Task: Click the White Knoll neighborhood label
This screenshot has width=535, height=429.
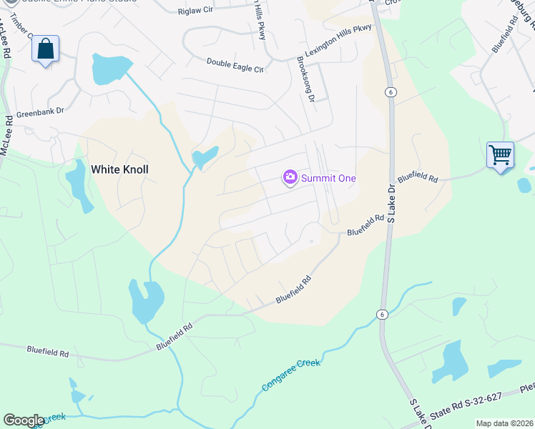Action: [120, 169]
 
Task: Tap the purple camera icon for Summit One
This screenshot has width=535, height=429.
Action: [290, 177]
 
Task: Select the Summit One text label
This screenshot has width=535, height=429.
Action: [328, 178]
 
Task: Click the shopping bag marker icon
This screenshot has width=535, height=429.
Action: [45, 49]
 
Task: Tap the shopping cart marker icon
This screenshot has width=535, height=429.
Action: [500, 154]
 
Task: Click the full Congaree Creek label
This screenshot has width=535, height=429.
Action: [291, 375]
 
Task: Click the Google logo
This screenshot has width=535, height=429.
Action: [24, 420]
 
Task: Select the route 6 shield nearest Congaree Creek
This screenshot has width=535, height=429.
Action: [381, 315]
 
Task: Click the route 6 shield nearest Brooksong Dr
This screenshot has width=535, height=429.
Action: [390, 92]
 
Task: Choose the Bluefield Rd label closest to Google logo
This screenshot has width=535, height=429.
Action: [48, 352]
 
